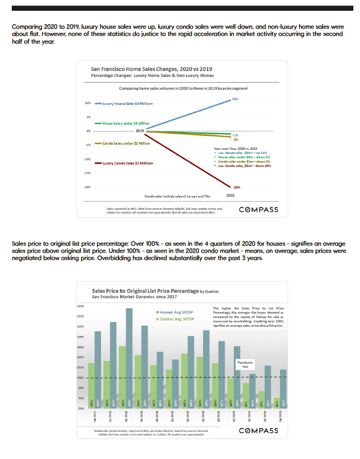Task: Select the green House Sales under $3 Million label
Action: [125, 123]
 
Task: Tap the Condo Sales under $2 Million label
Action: [127, 143]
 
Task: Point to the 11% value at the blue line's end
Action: [235, 97]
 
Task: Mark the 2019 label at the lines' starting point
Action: [139, 131]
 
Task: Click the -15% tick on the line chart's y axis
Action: [88, 173]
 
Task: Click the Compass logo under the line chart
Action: [259, 209]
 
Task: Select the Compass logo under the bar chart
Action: [259, 430]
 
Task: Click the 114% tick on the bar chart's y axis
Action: [81, 306]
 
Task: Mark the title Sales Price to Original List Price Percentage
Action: [145, 291]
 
